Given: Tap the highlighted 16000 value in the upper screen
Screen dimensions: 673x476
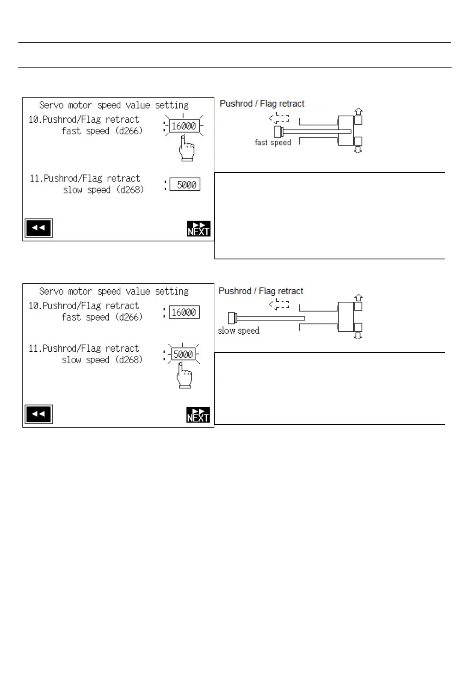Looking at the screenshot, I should (x=184, y=126).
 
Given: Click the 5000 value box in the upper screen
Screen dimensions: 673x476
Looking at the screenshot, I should (x=185, y=185).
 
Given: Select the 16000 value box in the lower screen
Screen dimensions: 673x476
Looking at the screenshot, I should (x=184, y=313).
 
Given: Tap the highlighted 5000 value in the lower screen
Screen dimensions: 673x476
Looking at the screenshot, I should (x=183, y=354).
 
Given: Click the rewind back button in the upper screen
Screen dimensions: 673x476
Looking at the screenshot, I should (x=38, y=228).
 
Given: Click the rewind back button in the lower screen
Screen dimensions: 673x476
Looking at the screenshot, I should (x=38, y=414).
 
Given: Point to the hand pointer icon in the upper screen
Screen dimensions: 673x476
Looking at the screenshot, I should (x=186, y=149).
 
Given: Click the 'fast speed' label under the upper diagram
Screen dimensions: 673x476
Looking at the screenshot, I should (x=273, y=143).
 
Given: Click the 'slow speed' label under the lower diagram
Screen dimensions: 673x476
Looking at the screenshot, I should (x=239, y=331).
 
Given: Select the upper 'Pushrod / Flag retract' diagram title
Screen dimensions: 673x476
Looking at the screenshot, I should (x=262, y=104).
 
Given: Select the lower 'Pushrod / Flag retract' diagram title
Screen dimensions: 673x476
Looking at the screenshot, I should (x=261, y=291).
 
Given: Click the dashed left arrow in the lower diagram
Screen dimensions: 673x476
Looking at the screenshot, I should (x=279, y=305).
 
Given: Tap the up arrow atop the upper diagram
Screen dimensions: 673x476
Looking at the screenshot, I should (x=359, y=111).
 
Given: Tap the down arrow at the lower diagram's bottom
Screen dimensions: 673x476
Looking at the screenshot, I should (x=358, y=336).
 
